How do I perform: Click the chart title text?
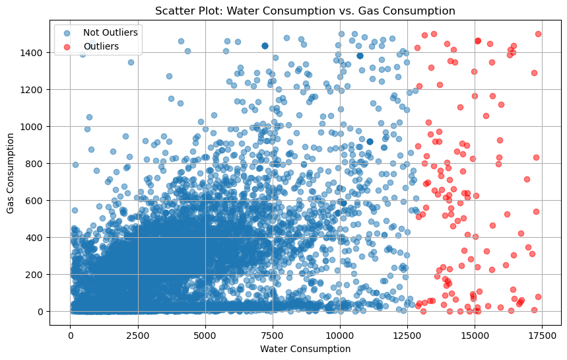pos(305,11)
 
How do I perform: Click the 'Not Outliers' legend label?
pos(106,32)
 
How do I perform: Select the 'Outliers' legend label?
pos(101,46)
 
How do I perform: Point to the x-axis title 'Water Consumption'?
pos(305,349)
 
